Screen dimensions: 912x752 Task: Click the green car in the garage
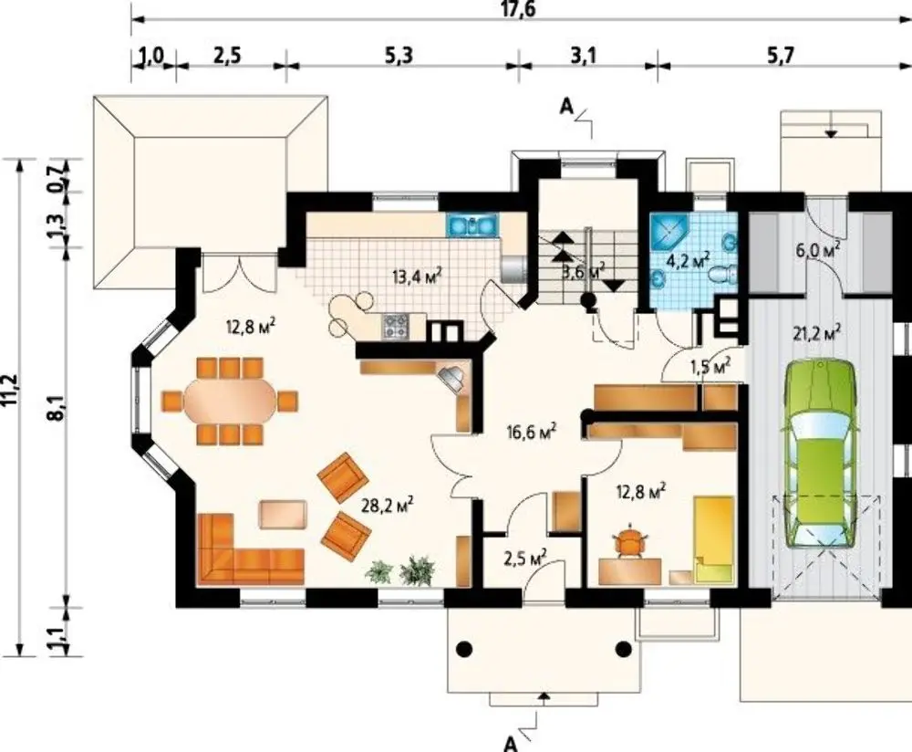click(821, 453)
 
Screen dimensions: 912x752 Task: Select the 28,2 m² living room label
click(388, 504)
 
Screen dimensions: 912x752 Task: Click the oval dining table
click(230, 401)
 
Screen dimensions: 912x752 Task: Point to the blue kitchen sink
click(472, 225)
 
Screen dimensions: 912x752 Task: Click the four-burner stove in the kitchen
click(396, 326)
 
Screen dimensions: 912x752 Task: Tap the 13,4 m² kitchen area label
click(417, 274)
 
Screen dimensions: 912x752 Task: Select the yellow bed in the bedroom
click(714, 539)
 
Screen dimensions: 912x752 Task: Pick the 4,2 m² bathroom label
click(688, 259)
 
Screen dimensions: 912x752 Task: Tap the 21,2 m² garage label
click(816, 333)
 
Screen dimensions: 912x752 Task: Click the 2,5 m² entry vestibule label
click(525, 557)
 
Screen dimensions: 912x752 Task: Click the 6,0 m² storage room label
click(818, 250)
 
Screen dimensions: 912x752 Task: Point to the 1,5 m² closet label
click(710, 366)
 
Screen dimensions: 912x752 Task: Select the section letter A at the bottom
click(510, 743)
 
